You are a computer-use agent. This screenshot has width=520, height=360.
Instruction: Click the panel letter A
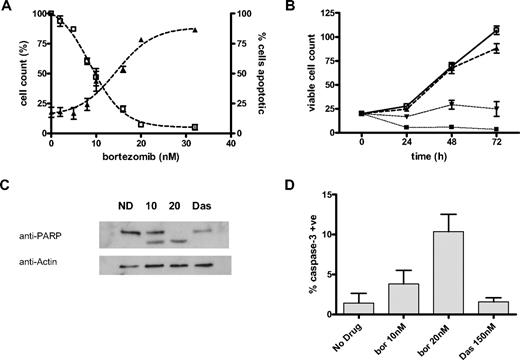(7, 8)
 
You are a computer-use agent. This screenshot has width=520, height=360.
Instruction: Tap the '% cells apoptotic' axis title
(259, 72)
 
